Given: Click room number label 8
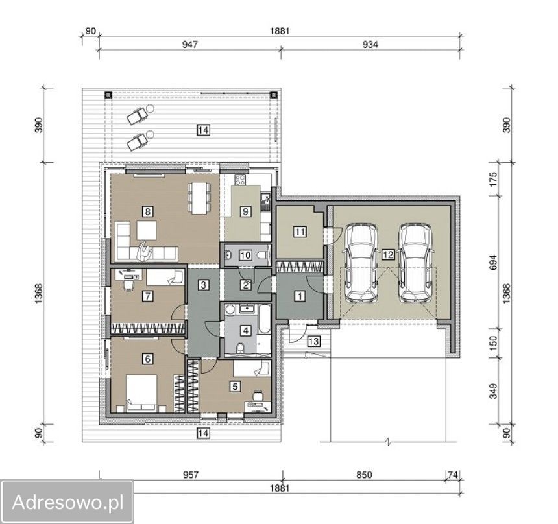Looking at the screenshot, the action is point(147,212).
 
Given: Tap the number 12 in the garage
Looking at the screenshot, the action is point(388,255).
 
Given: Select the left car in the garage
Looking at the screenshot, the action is point(360,263).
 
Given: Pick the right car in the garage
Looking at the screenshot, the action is point(415,263).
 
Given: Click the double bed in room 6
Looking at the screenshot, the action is point(141,394).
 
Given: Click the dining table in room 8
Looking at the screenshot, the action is point(199,198).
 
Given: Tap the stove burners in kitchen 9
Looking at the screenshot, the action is point(240,180).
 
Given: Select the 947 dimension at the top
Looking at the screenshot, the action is point(190,45).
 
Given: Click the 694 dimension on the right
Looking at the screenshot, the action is point(493,262).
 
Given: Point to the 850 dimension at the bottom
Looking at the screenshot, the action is point(364,475).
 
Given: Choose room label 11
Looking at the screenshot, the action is point(300,232).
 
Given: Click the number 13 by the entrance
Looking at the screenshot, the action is point(313,342).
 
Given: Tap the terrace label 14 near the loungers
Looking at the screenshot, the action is point(203,130).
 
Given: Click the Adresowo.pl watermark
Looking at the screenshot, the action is point(67,503).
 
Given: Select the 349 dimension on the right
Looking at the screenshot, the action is point(493,390).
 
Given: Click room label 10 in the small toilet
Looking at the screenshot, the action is point(245,255).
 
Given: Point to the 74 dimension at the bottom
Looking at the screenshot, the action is point(452,475).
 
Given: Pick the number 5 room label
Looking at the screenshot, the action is point(234,387).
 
